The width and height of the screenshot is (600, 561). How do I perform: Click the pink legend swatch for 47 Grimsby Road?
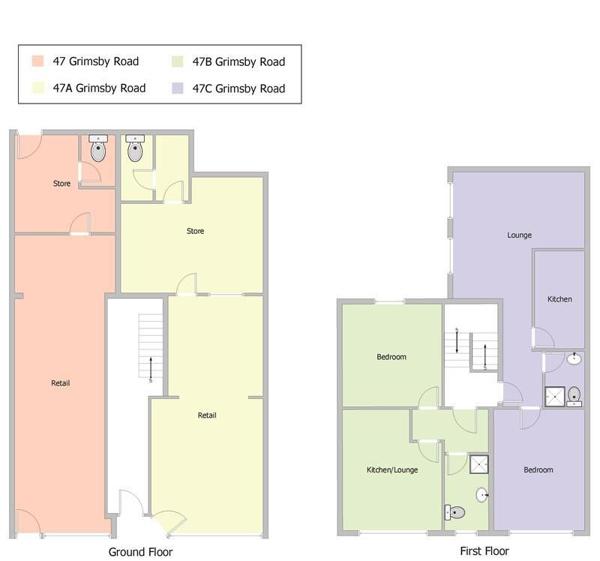pyautogui.click(x=37, y=61)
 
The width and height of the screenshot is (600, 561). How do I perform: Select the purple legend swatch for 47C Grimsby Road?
pyautogui.click(x=177, y=88)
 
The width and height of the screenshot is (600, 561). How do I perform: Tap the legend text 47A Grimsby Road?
pyautogui.click(x=99, y=88)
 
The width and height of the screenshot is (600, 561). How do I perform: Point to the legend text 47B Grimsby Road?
pyautogui.click(x=238, y=61)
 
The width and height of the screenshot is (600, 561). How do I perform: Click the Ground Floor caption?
pyautogui.click(x=140, y=552)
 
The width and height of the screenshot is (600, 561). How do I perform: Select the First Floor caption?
pyautogui.click(x=484, y=551)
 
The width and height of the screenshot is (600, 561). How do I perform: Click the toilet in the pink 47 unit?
pyautogui.click(x=98, y=148)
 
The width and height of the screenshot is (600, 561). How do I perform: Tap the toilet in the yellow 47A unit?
pyautogui.click(x=135, y=148)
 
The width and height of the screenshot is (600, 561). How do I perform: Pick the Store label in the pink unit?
pyautogui.click(x=61, y=183)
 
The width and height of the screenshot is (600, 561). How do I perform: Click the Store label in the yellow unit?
pyautogui.click(x=195, y=231)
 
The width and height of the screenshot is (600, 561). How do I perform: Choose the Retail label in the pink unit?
pyautogui.click(x=61, y=383)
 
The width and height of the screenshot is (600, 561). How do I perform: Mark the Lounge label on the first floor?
pyautogui.click(x=519, y=235)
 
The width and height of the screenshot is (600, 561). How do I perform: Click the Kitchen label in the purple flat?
pyautogui.click(x=559, y=299)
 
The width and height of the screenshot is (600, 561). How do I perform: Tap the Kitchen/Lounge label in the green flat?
pyautogui.click(x=392, y=470)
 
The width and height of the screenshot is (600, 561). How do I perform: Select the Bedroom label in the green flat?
pyautogui.click(x=391, y=357)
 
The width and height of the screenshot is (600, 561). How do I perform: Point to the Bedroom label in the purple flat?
pyautogui.click(x=538, y=470)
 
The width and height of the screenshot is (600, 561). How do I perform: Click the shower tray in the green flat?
pyautogui.click(x=479, y=464)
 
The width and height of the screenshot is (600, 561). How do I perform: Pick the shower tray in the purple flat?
pyautogui.click(x=555, y=397)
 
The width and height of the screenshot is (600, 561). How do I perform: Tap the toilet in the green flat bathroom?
pyautogui.click(x=454, y=512)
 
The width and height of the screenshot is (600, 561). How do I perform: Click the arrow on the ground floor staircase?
pyautogui.click(x=151, y=369)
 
